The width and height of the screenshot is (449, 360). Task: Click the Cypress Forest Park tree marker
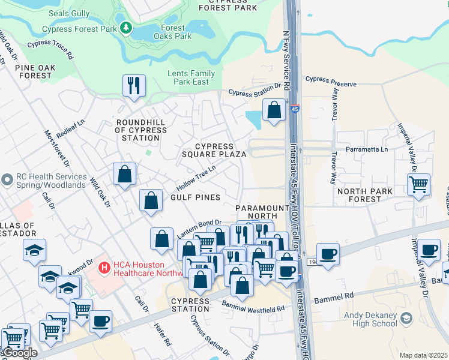point(125,28)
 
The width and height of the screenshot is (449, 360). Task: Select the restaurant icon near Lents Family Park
point(134,85)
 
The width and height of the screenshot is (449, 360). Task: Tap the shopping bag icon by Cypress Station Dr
point(274,110)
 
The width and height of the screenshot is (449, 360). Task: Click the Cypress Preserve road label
point(331,80)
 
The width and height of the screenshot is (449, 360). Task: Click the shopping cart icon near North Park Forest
point(418,185)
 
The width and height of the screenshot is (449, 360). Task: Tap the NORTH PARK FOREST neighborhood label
point(364,196)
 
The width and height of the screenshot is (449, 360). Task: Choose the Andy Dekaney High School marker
point(406,317)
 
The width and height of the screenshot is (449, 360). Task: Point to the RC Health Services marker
point(7,179)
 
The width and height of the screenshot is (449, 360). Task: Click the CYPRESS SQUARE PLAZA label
point(214,150)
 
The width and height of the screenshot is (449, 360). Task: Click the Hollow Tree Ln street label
point(195,178)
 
